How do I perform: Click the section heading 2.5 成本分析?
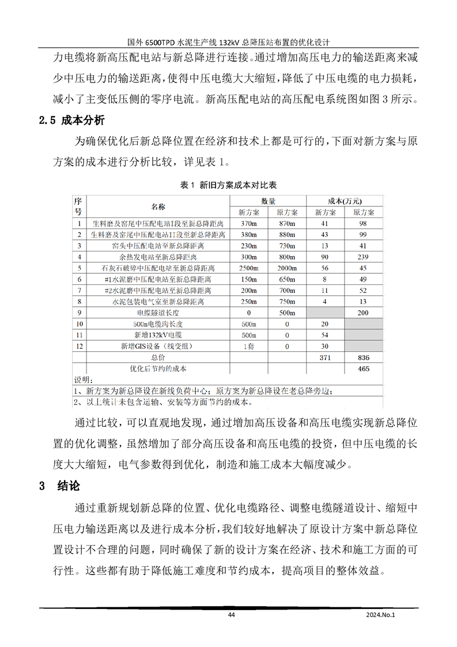coord(71,121)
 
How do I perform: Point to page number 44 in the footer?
coord(231,615)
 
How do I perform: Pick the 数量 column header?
coord(268,201)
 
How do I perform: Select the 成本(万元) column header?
coord(345,201)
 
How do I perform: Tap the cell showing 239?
coord(363,257)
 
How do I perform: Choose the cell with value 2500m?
coord(248,268)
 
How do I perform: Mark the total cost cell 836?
coord(363,358)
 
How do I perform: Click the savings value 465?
coord(363,368)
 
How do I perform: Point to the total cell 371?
coord(324,358)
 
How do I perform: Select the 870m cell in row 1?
coord(287,223)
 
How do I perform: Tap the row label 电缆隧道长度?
coord(158,313)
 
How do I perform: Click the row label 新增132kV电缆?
coord(158,335)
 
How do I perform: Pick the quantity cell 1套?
coord(248,346)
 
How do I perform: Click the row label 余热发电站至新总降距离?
coord(158,257)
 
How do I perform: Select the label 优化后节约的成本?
coord(158,368)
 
